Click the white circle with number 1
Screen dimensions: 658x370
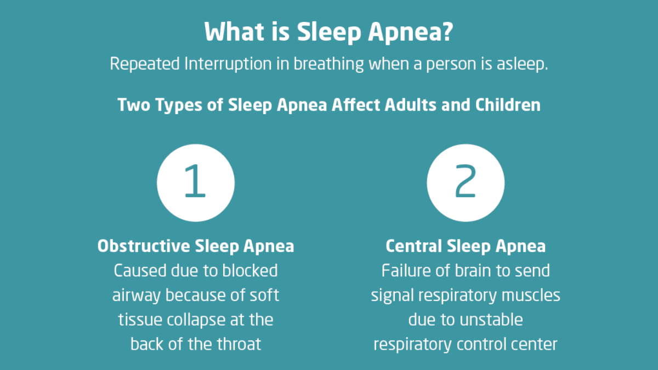point(196,183)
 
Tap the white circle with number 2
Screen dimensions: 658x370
point(466,183)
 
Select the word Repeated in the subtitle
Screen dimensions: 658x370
point(145,64)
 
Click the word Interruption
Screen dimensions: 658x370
point(228,64)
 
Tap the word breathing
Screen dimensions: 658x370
point(328,64)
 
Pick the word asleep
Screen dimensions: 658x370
point(522,64)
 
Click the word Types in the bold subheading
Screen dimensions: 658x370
point(179,105)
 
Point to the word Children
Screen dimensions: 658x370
point(508,105)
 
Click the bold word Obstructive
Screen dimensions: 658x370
point(144,246)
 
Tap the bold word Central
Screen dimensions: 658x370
point(413,246)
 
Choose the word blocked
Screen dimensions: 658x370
point(249,270)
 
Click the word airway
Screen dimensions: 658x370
point(137,295)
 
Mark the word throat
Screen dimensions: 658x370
point(239,344)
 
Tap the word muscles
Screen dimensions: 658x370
point(531,295)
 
